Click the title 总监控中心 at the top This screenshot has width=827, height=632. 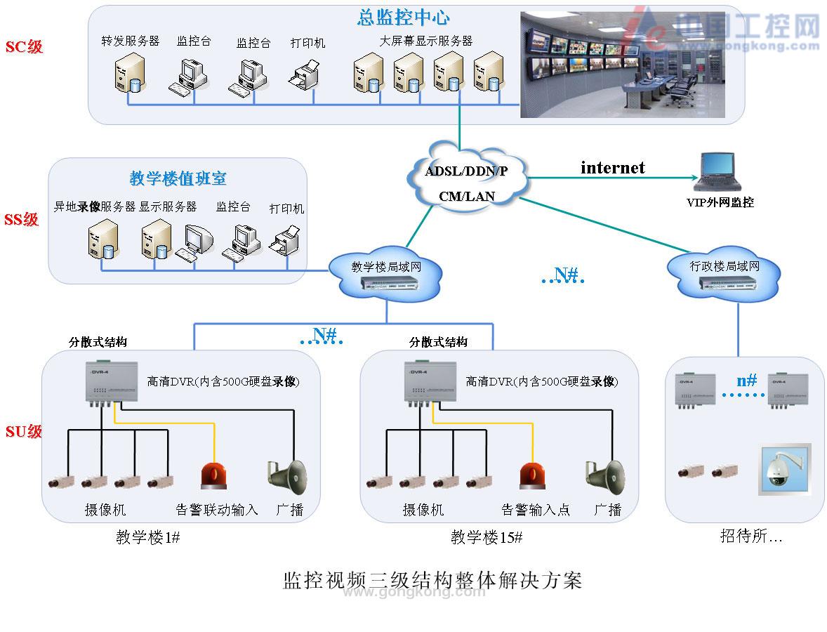[x=403, y=18]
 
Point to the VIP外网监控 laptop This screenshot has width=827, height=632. [x=717, y=172]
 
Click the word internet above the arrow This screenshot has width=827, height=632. [x=612, y=168]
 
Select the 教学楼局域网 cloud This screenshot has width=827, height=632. [x=386, y=275]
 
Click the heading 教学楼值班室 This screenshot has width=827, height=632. [x=178, y=178]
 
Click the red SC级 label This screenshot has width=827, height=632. [x=24, y=47]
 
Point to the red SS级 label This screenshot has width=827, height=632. [x=22, y=220]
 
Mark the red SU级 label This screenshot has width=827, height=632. [x=24, y=431]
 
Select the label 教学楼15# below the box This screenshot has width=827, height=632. [x=486, y=538]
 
